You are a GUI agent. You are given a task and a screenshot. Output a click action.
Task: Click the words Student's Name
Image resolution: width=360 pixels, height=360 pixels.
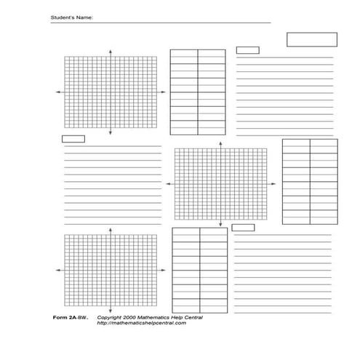pos(71,16)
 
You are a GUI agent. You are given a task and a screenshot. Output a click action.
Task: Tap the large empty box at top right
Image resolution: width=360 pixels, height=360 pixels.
pos(311,39)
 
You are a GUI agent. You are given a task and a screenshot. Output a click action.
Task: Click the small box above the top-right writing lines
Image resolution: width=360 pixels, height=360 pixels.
pos(247,50)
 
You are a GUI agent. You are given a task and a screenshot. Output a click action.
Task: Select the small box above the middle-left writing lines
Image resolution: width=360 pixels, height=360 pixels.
pos(73,138)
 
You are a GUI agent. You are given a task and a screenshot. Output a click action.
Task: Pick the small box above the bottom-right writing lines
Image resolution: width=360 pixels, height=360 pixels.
pos(242,228)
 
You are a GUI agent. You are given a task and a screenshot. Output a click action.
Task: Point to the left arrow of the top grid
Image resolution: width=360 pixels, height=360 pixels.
pos(57,92)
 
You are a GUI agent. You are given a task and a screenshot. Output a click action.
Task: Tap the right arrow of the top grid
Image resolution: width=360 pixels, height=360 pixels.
pos(163,92)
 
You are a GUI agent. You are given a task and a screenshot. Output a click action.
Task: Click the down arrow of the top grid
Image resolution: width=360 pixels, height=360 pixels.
pos(110,134)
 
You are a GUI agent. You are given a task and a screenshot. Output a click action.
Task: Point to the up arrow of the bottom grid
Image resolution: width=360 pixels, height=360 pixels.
pos(110,229)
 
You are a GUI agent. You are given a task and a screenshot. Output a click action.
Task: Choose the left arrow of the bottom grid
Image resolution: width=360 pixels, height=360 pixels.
pos(57,269)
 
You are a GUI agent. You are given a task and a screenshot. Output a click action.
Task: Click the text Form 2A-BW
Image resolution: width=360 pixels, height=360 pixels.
pos(69,318)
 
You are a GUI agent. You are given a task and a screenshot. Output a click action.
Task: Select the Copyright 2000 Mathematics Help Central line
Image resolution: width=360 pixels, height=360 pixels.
pos(150,318)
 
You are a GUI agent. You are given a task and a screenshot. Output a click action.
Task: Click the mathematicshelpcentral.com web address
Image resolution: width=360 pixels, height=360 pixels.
pos(141,324)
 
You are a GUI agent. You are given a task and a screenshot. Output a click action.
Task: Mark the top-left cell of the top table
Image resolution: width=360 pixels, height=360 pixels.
pos(184,54)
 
